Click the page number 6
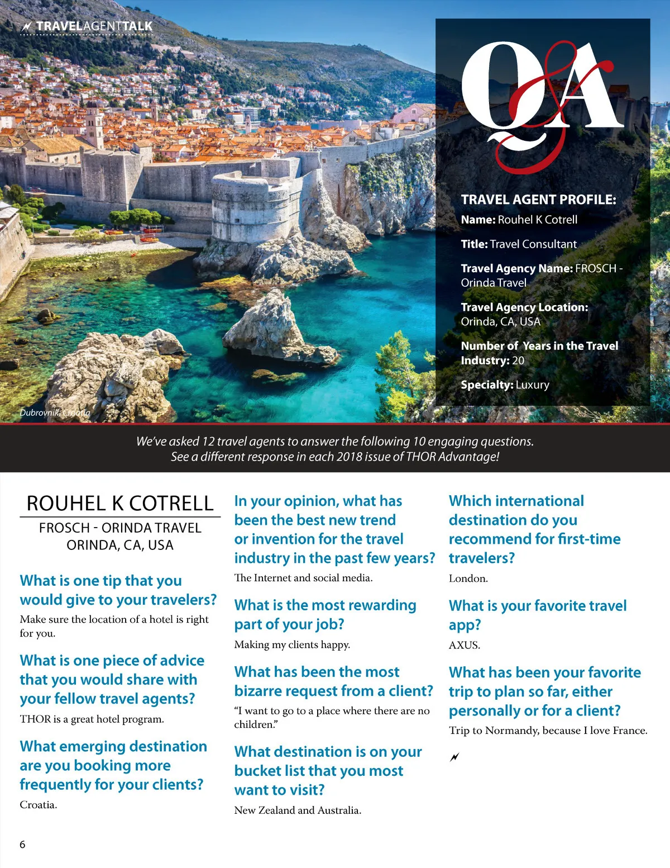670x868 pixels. click(x=22, y=845)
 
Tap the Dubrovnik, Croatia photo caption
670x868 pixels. click(x=55, y=412)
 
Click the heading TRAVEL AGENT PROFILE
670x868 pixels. click(x=538, y=200)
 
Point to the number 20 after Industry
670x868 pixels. click(x=518, y=361)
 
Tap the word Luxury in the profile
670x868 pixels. click(x=533, y=385)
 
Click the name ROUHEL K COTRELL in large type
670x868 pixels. click(x=120, y=504)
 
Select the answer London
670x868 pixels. click(x=468, y=578)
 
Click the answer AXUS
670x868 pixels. click(x=464, y=645)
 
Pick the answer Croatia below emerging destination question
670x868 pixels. click(x=39, y=805)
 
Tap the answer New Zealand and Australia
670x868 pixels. click(x=298, y=810)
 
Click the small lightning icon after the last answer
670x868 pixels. click(x=454, y=757)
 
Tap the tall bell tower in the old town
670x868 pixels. click(x=94, y=126)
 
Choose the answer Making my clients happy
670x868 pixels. click(x=292, y=645)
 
